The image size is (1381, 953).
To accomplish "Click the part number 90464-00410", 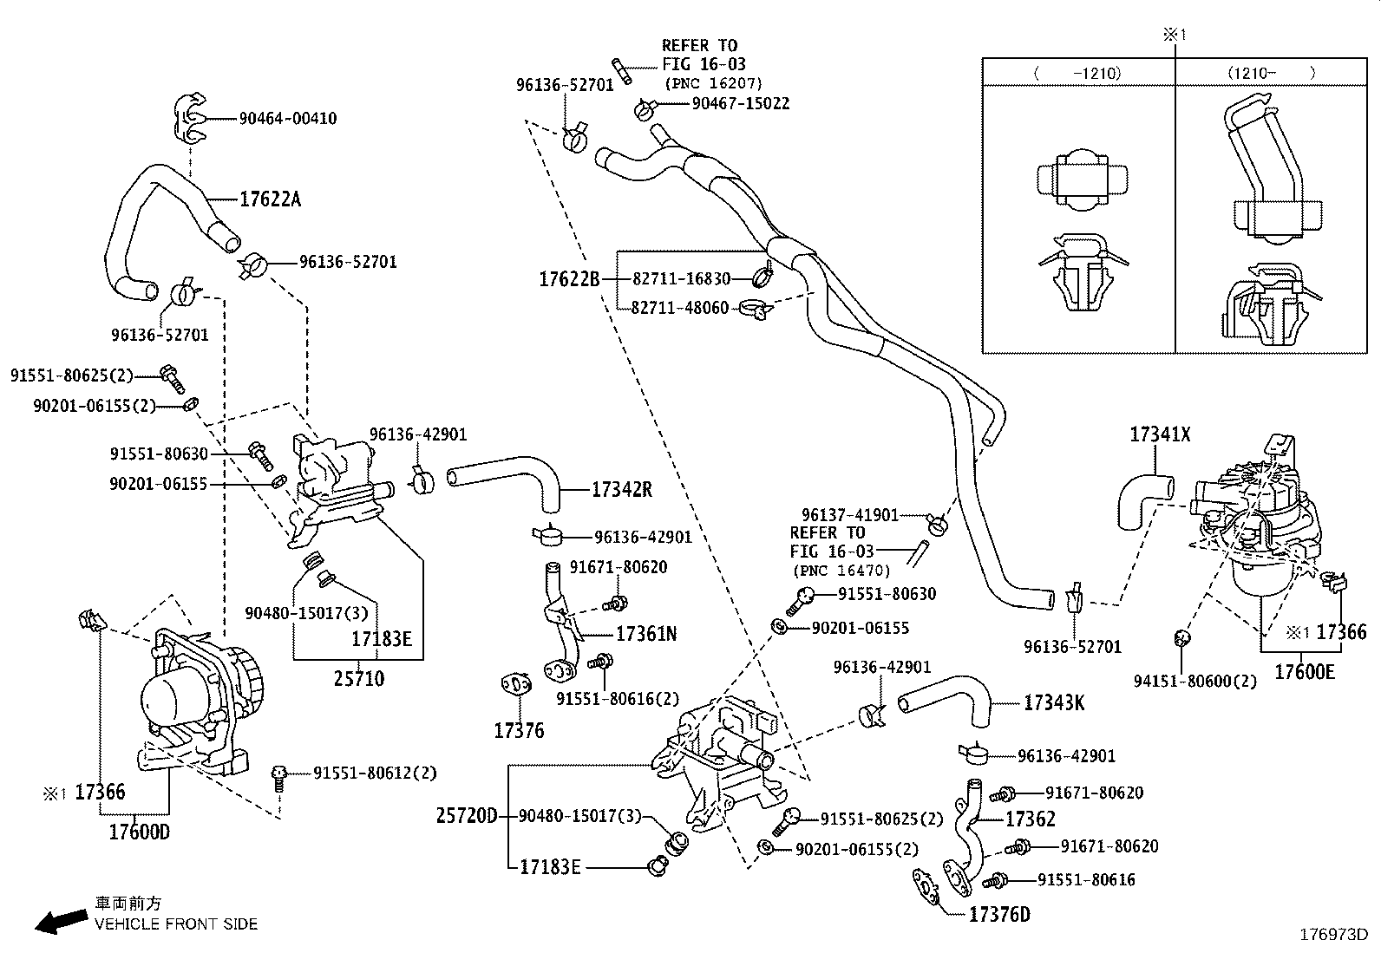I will [x=288, y=119].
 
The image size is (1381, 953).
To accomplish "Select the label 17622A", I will [x=270, y=199].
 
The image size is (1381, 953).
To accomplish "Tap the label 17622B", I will [x=569, y=279].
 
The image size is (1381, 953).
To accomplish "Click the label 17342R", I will [x=621, y=490].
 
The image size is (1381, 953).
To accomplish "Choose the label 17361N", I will [x=646, y=634].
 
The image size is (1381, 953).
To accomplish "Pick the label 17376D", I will [x=999, y=915].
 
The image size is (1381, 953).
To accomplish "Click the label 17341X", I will [x=1160, y=434].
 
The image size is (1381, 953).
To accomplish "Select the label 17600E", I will [x=1304, y=671].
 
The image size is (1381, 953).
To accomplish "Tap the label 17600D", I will [x=139, y=832].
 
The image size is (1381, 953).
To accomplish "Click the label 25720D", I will [x=467, y=816].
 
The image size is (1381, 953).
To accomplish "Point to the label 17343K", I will [x=1054, y=702].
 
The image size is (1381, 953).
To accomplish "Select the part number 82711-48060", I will [x=680, y=308].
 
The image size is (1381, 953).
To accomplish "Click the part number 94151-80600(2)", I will [x=1195, y=682].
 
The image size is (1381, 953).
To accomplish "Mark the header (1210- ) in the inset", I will [x=1271, y=74].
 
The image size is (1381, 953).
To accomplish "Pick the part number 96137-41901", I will [x=849, y=515].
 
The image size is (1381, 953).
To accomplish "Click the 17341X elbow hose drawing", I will [x=1138, y=500].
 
